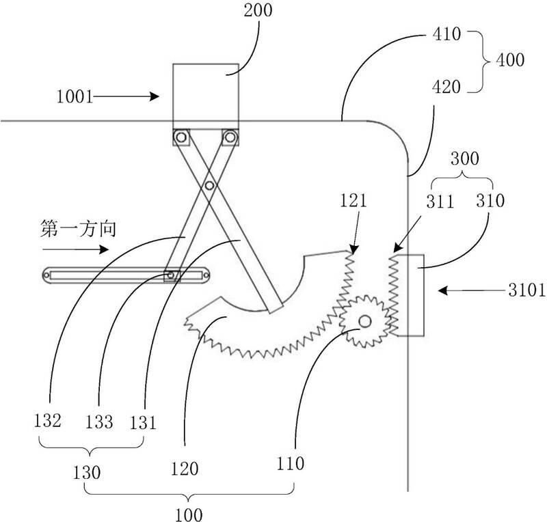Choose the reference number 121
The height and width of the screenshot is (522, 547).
point(353,201)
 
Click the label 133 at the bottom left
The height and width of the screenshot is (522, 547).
point(99,421)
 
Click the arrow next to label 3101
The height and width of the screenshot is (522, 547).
point(462,291)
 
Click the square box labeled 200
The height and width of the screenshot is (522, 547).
point(205,92)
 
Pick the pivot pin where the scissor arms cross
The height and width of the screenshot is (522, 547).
point(209,184)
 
